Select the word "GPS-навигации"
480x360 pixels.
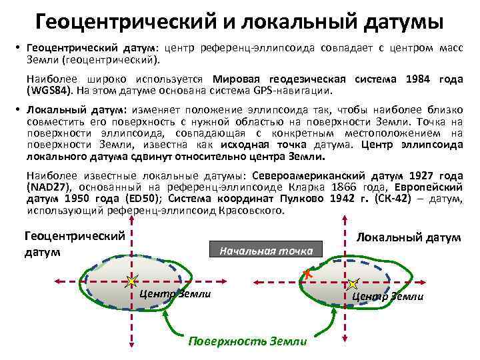297,91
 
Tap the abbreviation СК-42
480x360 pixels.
396,199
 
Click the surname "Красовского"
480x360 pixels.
249,211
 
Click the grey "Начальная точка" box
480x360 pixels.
267,251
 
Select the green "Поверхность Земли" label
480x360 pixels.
247,341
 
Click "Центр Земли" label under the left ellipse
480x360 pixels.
175,294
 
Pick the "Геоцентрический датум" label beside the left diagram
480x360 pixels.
75,243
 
